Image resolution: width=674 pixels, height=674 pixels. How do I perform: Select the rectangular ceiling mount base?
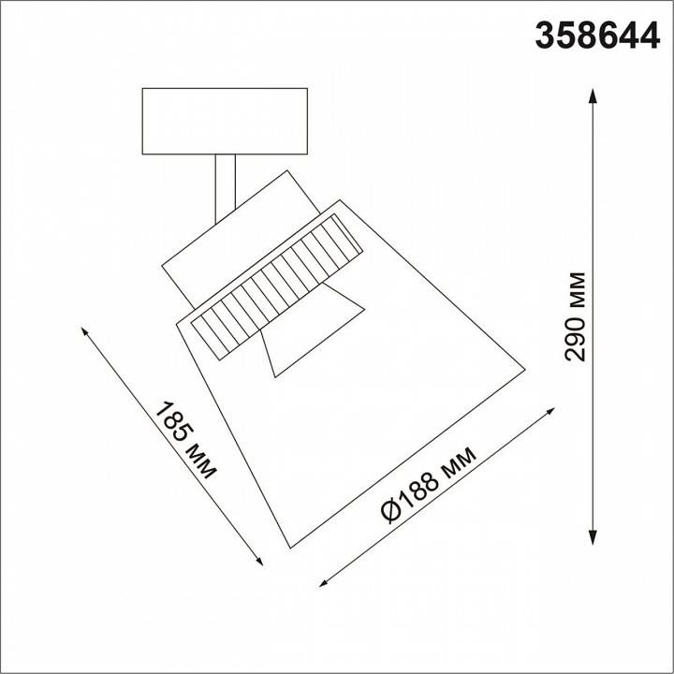[x=225, y=121]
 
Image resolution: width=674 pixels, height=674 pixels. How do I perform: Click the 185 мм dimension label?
[x=184, y=439]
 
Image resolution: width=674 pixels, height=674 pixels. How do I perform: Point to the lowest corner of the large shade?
[x=293, y=545]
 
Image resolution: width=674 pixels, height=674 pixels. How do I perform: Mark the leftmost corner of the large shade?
[x=178, y=321]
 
